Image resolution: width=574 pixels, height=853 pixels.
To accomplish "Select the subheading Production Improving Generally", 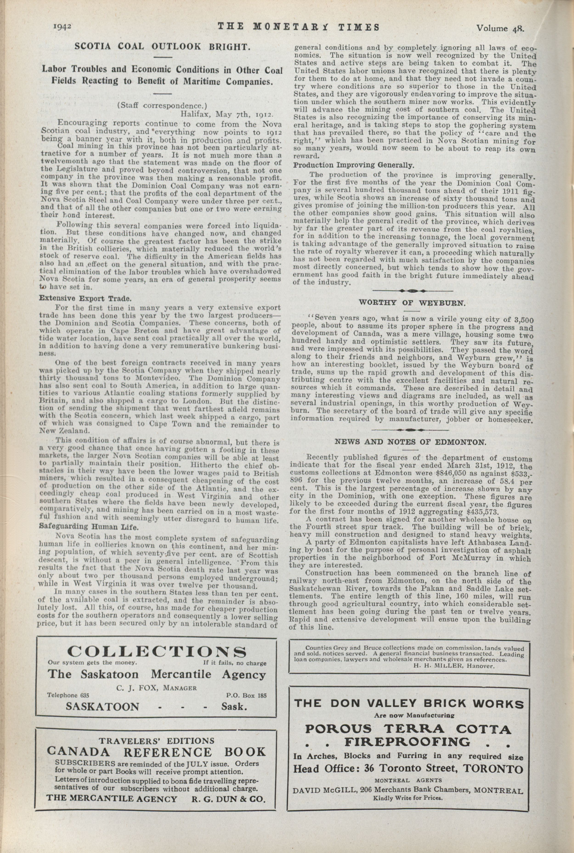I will (x=354, y=165).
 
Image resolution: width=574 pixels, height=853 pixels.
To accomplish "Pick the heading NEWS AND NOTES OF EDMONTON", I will (x=410, y=442).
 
